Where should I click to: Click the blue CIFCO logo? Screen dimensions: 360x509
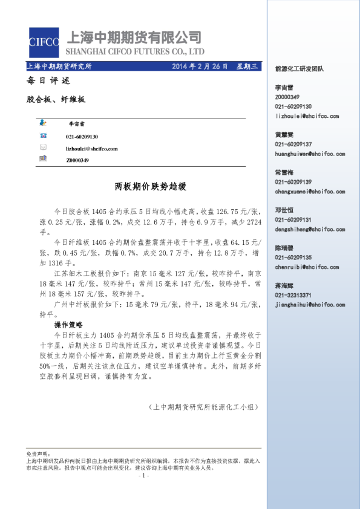[x=44, y=43]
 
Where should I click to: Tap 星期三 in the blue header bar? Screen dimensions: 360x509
[x=246, y=66]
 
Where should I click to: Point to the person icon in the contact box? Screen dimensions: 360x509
[x=43, y=123]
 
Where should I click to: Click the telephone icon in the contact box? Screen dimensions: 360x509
[x=43, y=135]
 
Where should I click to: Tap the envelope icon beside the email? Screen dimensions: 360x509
[x=43, y=148]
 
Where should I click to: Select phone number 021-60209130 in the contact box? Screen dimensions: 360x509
[x=82, y=137]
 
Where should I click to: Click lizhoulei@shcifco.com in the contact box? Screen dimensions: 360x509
[x=92, y=149]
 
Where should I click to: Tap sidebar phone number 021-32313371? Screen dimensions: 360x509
[x=293, y=295]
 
